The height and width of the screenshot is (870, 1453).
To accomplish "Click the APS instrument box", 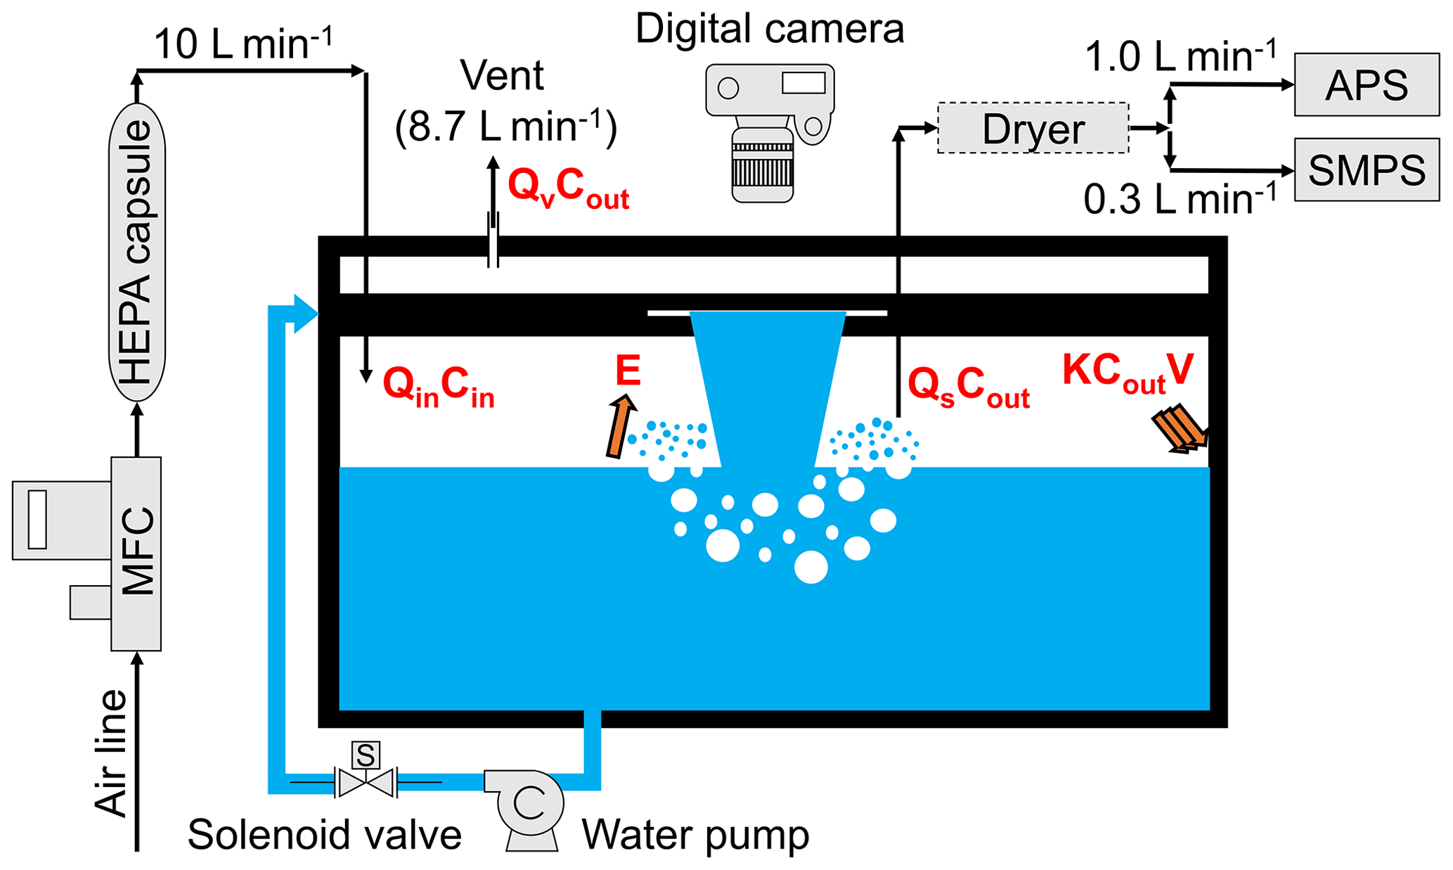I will [1367, 84].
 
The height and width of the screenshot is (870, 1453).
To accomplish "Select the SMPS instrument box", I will [1367, 170].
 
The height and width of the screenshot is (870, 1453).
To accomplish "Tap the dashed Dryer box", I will [1033, 129].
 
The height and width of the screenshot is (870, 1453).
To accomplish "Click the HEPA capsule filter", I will [137, 252].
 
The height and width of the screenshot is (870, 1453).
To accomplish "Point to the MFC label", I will [137, 552].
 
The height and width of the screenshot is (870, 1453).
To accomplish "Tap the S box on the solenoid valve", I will [366, 755].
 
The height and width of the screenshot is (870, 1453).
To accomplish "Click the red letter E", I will [628, 371].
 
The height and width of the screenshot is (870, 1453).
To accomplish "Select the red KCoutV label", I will [1128, 371].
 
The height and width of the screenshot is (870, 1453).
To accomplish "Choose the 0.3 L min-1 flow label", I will [1180, 200].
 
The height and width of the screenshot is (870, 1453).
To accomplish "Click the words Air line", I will [111, 753].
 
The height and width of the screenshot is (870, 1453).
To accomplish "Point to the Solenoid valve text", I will [324, 835].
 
